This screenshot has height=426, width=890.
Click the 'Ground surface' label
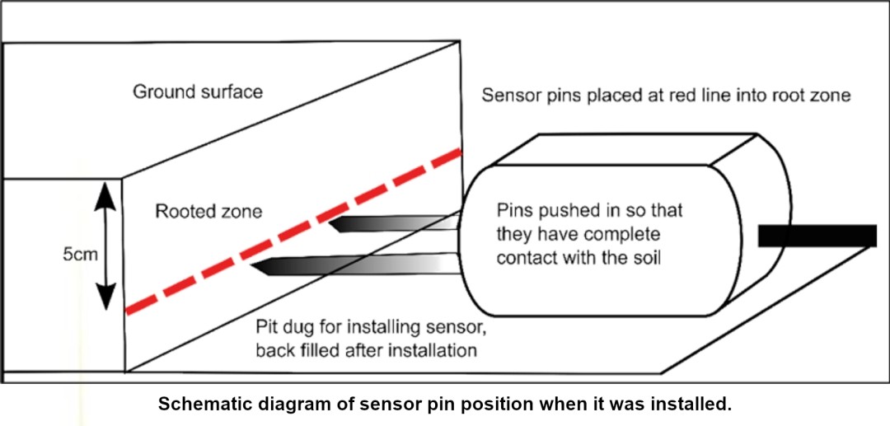(x=198, y=91)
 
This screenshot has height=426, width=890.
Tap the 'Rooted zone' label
(x=208, y=212)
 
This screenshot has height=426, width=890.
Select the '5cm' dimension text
(x=80, y=254)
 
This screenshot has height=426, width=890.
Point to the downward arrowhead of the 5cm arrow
(x=105, y=302)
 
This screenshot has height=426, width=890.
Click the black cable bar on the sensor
(x=817, y=236)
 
